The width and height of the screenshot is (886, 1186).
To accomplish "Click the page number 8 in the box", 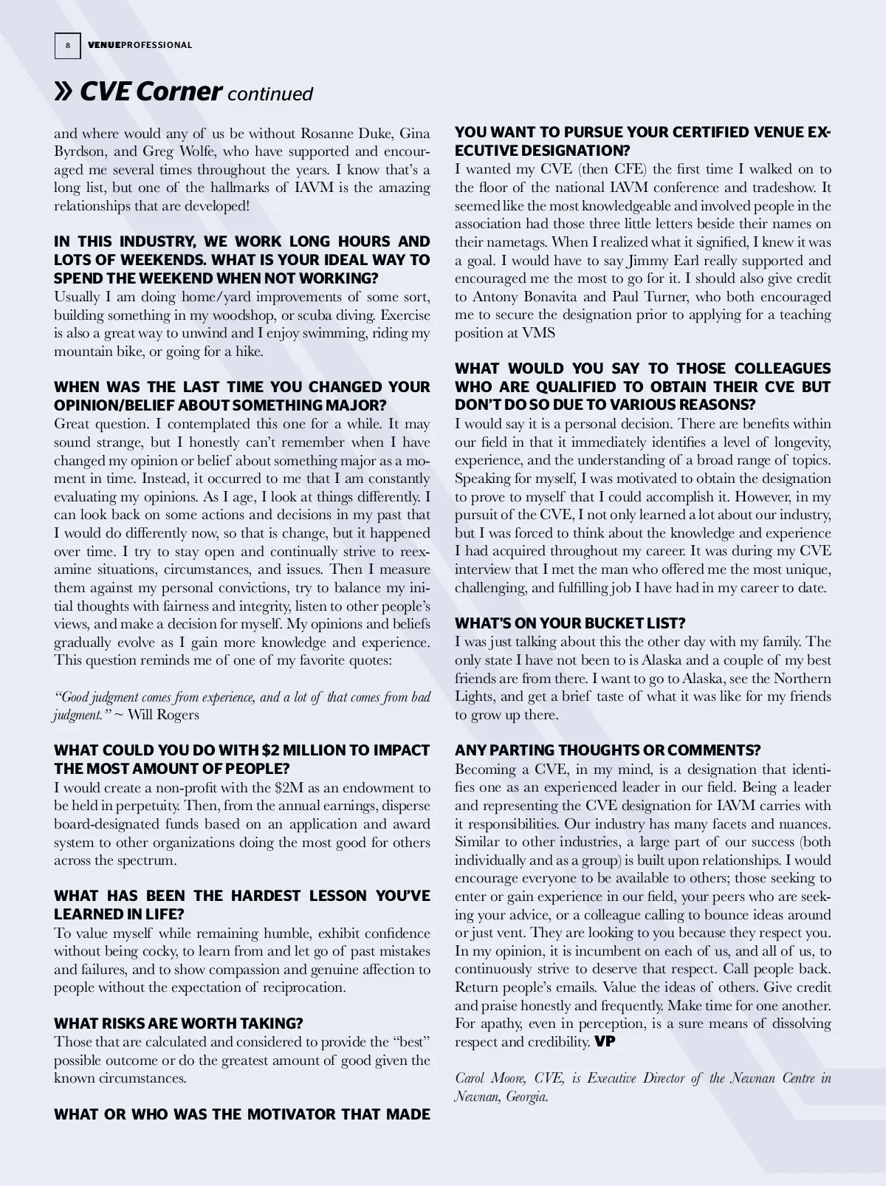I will [x=67, y=46].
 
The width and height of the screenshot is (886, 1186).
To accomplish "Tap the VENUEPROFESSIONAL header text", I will [x=140, y=46].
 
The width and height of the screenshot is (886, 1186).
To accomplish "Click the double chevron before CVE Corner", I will [x=64, y=92].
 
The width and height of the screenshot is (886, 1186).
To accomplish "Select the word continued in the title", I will [x=270, y=95].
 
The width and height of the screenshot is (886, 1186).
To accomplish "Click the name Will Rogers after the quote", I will [x=163, y=715].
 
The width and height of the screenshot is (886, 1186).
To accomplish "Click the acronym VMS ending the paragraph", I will [x=538, y=333].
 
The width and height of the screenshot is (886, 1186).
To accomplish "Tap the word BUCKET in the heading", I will [x=603, y=624].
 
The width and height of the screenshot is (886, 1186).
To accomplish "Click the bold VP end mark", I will [x=605, y=1042].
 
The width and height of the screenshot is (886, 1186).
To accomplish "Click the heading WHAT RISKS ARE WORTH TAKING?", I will [x=178, y=1024].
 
